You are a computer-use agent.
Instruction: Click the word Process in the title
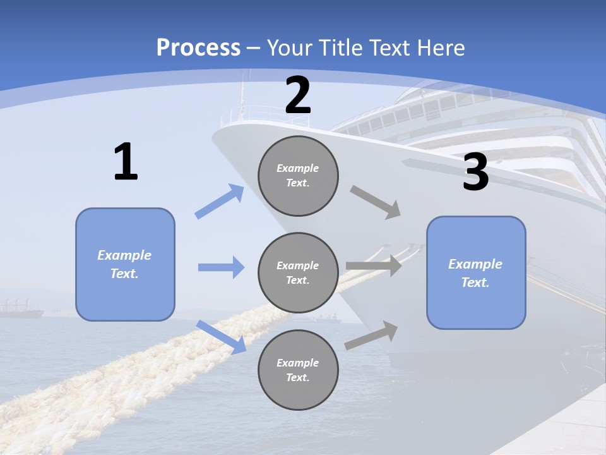[198, 48]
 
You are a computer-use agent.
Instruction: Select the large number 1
[126, 162]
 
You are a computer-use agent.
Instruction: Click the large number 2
[298, 96]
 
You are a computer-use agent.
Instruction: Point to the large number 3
[475, 173]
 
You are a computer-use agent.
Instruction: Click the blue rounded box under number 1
[125, 264]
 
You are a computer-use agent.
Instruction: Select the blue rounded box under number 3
[476, 272]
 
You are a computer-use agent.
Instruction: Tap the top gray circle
[298, 176]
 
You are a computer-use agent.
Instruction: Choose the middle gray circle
[298, 272]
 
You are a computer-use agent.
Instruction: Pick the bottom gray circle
[298, 370]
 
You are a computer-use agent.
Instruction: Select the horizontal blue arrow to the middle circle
[221, 267]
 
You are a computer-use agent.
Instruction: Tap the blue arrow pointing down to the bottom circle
[222, 336]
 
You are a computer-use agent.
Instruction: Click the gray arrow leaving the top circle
[376, 202]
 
